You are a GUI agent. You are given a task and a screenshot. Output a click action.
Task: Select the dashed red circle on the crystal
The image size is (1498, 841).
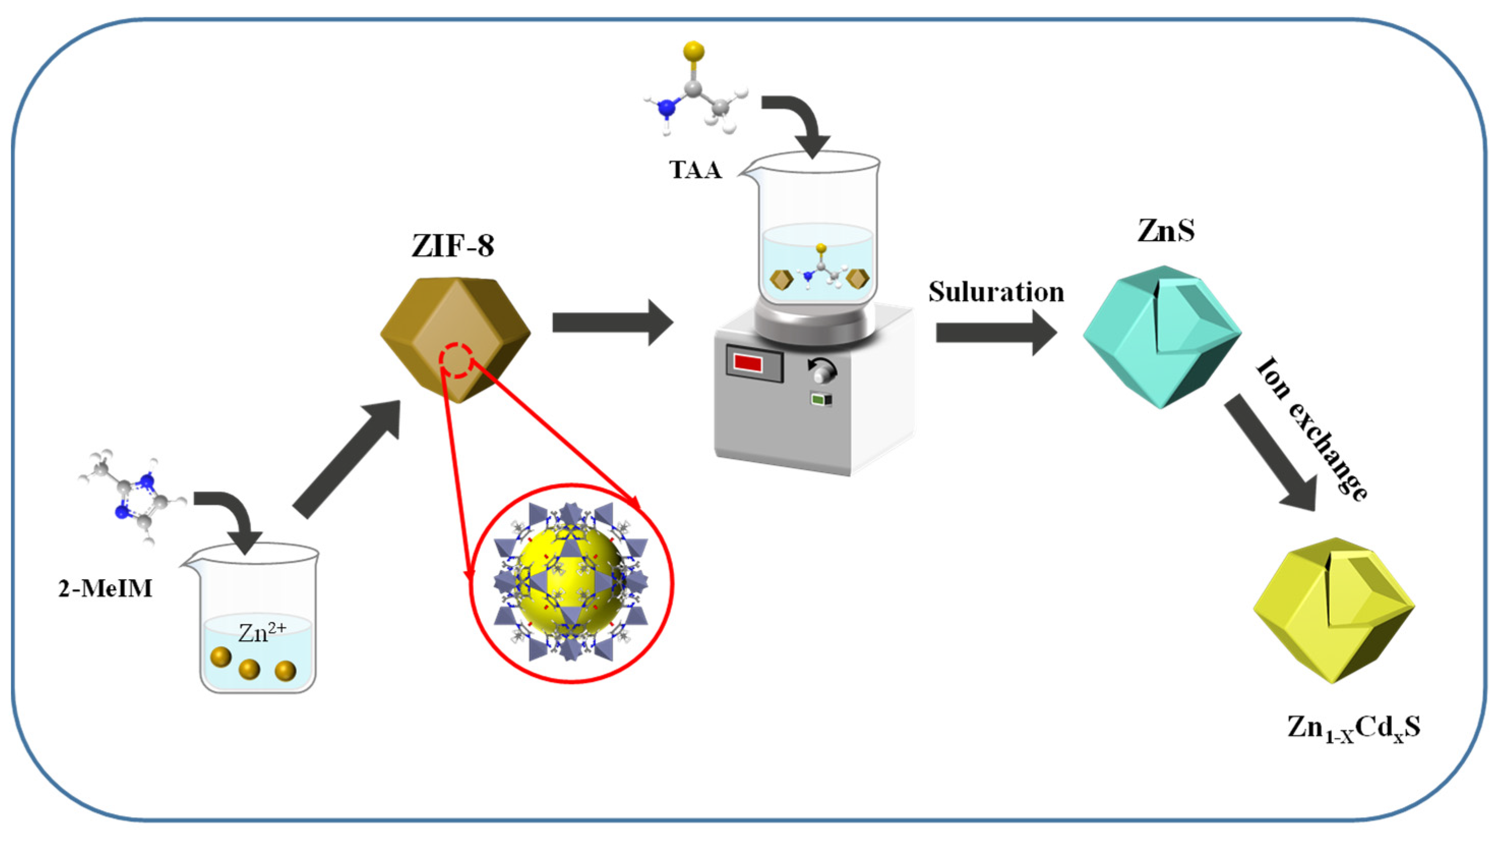coord(455,361)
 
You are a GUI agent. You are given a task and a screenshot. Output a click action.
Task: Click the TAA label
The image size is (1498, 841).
coord(695,170)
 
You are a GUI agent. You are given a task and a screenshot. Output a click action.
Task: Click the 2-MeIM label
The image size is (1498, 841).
coord(105,589)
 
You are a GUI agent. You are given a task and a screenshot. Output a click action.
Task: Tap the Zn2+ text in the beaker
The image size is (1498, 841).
coord(262,632)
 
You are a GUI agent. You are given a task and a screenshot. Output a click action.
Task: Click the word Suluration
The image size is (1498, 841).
coord(996,292)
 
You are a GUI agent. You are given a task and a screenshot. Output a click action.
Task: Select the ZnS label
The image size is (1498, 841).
coord(1166,230)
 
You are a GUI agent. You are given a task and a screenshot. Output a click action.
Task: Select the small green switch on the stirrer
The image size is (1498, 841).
coord(820,400)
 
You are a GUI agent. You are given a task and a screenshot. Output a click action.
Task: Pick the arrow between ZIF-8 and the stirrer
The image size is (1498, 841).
coord(610,322)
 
